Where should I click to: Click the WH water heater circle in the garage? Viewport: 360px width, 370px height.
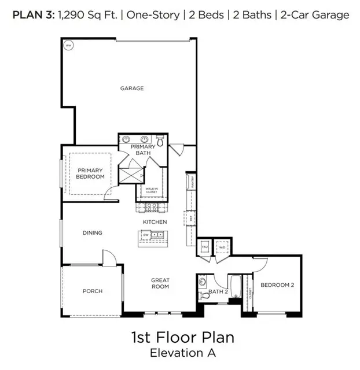click(68, 45)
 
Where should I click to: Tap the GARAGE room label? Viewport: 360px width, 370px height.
click(132, 88)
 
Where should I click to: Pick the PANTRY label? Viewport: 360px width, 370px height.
click(192, 183)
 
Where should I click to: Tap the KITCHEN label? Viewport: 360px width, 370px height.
click(155, 222)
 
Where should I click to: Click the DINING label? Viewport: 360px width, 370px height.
click(92, 233)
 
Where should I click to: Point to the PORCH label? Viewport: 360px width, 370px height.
click(93, 291)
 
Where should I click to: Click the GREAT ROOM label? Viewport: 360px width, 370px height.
click(160, 283)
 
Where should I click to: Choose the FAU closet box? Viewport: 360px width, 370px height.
click(204, 247)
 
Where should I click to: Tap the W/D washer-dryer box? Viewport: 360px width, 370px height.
click(222, 247)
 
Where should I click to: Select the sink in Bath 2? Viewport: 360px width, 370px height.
click(203, 283)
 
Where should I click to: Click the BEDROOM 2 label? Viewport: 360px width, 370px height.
click(277, 285)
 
